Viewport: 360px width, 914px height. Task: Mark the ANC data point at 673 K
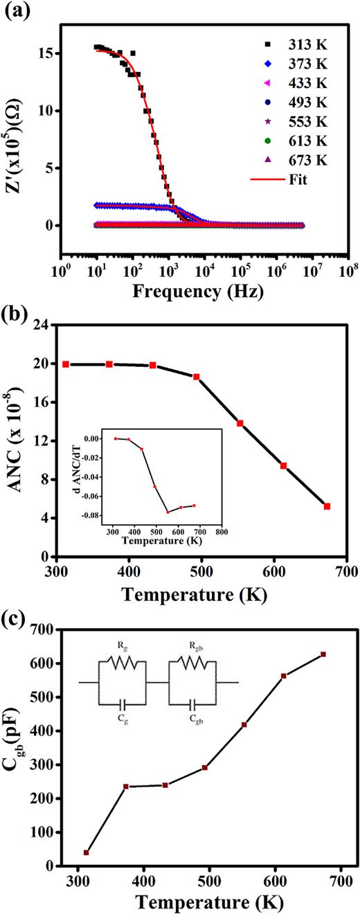[327, 506]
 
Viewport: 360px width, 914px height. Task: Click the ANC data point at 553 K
[240, 423]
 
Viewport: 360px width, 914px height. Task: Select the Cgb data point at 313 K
[87, 852]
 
